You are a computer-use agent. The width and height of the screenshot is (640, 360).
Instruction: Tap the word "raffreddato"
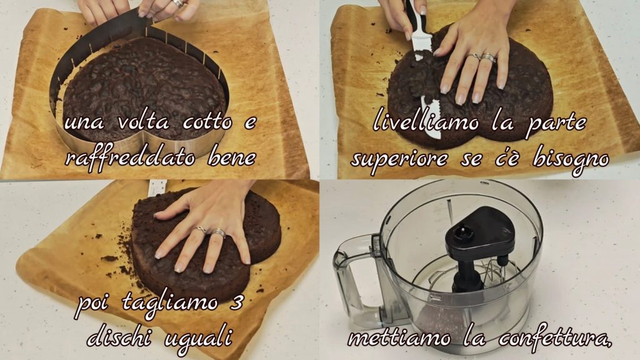pyautogui.click(x=130, y=157)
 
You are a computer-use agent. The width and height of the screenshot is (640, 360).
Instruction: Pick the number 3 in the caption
pyautogui.click(x=236, y=302)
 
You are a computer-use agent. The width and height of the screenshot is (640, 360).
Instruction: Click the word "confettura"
pyautogui.click(x=555, y=339)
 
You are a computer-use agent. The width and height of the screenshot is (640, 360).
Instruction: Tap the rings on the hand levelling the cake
pyautogui.click(x=482, y=57)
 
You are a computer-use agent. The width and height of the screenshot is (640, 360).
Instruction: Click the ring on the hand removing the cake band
pyautogui.click(x=179, y=4)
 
